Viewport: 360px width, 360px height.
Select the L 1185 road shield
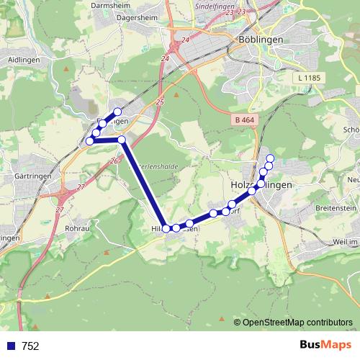[310, 77]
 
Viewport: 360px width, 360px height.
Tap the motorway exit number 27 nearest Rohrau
[59, 210]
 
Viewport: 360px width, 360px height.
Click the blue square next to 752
[10, 346]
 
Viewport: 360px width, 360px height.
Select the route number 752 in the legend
[30, 346]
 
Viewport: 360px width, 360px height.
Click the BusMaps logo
[325, 345]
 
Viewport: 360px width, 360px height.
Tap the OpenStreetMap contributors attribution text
[297, 322]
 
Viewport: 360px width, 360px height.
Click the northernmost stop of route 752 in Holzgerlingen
[271, 158]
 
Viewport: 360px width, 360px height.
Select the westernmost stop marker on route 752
[89, 141]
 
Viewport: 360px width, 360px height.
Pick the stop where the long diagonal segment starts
[122, 140]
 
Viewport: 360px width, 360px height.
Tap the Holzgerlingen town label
[261, 185]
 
